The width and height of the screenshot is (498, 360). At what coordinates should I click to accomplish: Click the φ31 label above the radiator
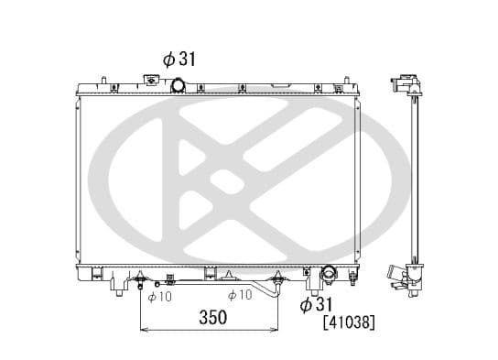(x=181, y=59)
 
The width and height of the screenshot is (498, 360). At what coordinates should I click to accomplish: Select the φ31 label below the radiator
(x=316, y=303)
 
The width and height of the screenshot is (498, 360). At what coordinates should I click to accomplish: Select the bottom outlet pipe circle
(x=329, y=273)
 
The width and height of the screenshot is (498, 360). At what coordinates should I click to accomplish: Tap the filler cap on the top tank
(x=152, y=82)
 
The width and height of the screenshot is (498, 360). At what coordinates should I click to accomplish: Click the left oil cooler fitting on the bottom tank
(x=140, y=278)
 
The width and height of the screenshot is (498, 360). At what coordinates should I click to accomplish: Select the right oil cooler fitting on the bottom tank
(x=277, y=278)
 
